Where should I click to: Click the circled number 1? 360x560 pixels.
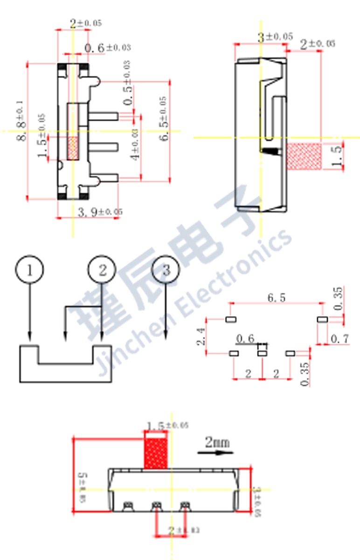30,270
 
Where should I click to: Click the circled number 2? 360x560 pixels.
103,270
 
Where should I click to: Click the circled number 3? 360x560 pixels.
166,270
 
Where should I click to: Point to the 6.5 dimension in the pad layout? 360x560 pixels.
277,298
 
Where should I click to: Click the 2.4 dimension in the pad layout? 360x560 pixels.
201,336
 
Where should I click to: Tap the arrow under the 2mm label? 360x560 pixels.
214,452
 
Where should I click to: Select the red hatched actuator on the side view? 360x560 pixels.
304,156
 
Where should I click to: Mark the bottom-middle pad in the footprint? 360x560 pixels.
262,353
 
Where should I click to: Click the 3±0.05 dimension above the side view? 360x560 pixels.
276,37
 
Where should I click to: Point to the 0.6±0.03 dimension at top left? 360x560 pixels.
107,48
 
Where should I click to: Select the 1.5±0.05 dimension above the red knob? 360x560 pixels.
167,426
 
